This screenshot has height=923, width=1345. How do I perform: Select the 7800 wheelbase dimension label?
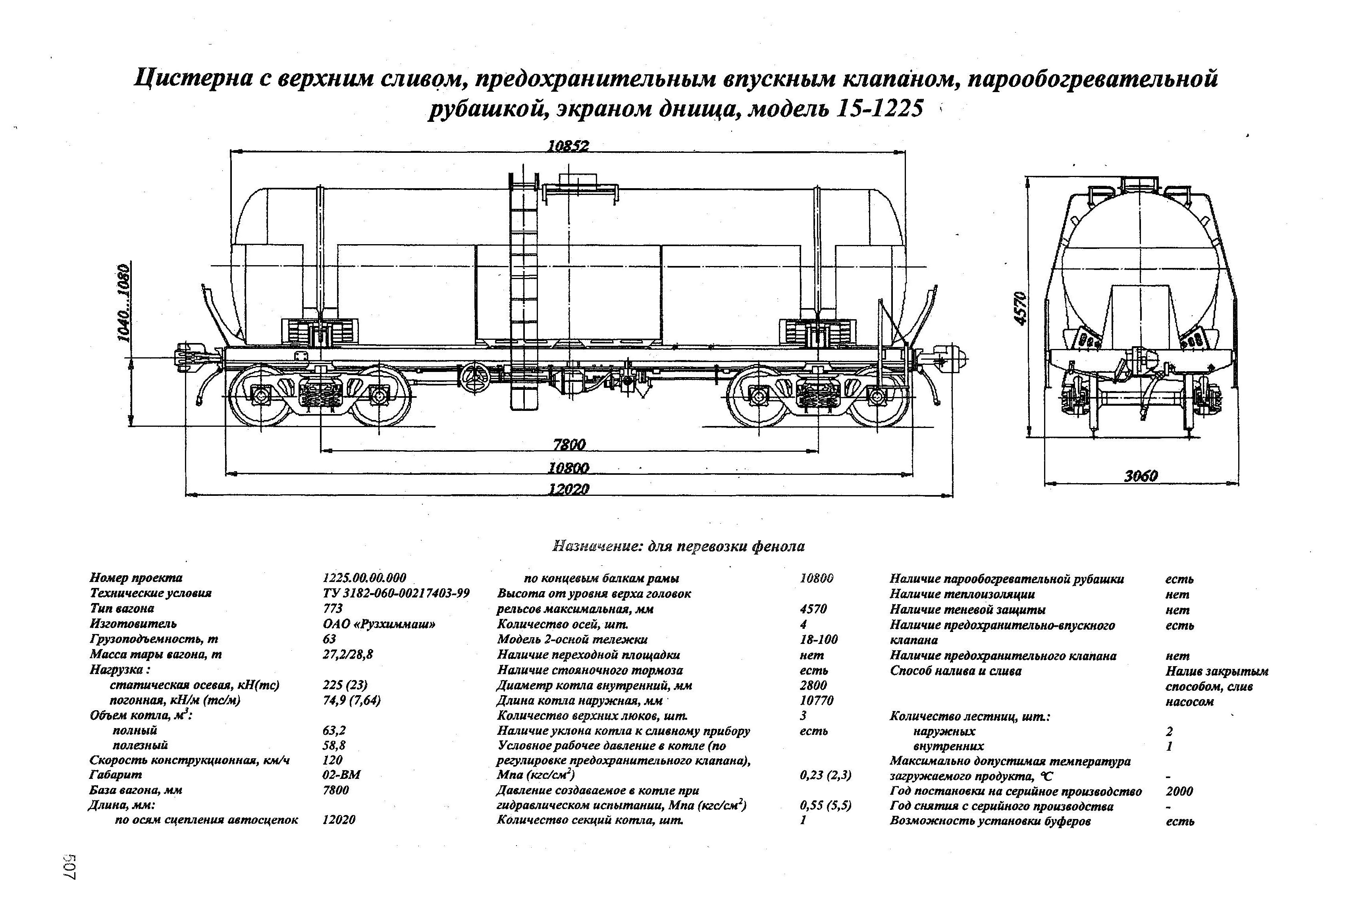(569, 444)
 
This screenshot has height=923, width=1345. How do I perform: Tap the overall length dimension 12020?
(568, 489)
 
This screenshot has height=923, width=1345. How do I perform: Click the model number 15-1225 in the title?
(878, 108)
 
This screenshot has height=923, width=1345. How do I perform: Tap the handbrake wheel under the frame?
(474, 379)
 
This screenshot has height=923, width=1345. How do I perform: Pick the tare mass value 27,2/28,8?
(348, 655)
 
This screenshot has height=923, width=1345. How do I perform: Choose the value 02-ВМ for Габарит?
(341, 774)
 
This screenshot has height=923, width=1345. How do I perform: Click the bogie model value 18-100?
(818, 640)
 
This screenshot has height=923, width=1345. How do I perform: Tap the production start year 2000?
(1179, 791)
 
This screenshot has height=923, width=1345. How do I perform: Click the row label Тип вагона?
(122, 608)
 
